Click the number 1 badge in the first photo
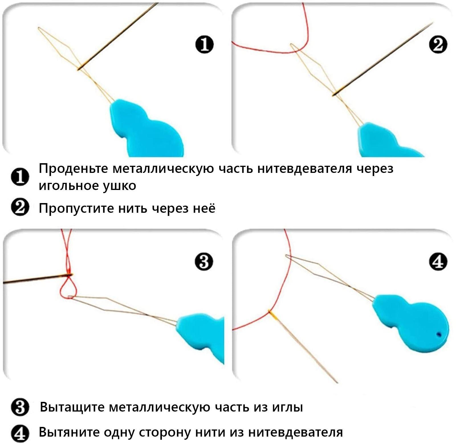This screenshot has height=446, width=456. (204, 45)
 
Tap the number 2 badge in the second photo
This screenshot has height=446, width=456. (438, 45)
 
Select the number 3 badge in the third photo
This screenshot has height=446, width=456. (204, 261)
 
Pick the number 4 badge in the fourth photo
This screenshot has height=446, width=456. (438, 261)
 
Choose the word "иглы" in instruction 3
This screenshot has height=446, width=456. (288, 407)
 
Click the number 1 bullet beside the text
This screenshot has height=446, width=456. (20, 177)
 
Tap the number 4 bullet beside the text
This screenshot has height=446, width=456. (20, 433)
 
